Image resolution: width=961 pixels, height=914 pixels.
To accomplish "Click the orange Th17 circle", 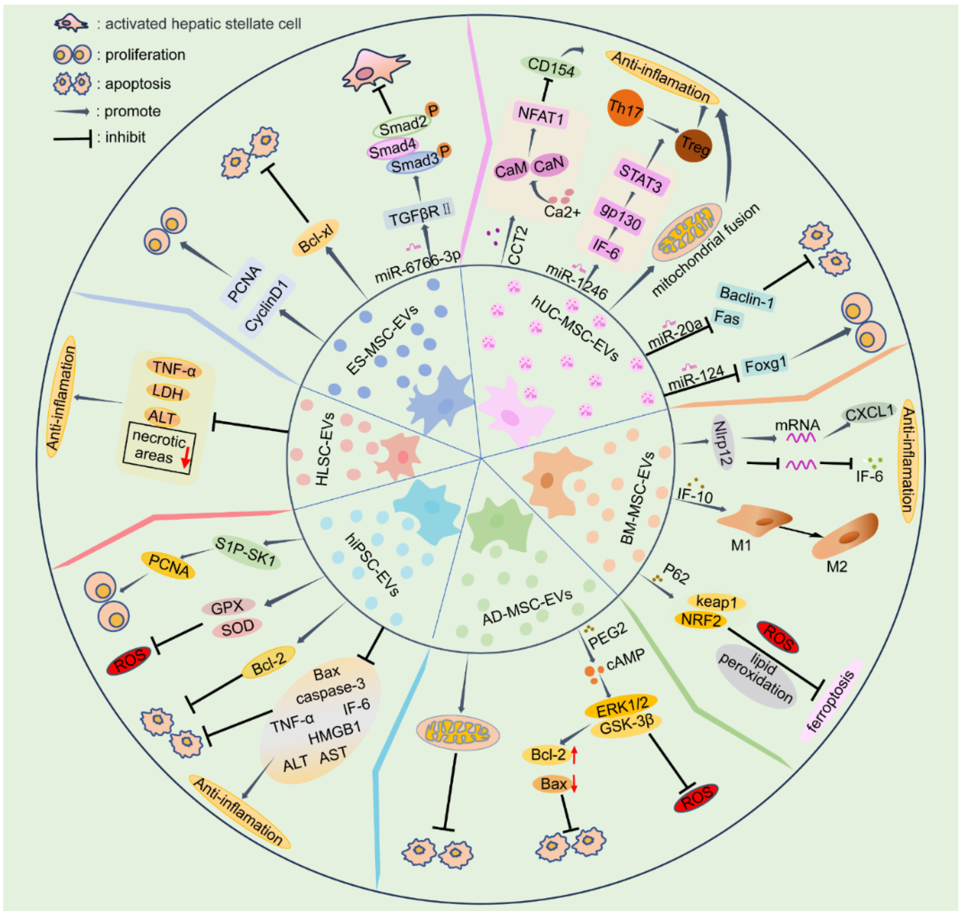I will pos(625,108).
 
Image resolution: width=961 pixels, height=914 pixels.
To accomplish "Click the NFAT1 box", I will pos(540,116).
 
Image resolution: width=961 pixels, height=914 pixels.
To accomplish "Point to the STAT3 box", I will pos(640,178).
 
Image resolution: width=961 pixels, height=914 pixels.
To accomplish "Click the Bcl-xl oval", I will pos(315,238).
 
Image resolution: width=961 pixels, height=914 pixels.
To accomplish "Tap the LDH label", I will pos(168,392).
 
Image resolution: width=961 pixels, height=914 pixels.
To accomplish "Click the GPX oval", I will pos(228,606).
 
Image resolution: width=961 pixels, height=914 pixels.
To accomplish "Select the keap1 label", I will pos(716,602).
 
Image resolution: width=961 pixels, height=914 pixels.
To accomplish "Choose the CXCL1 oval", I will pos(868,413).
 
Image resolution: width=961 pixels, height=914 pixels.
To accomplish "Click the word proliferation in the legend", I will pos(145,55).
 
